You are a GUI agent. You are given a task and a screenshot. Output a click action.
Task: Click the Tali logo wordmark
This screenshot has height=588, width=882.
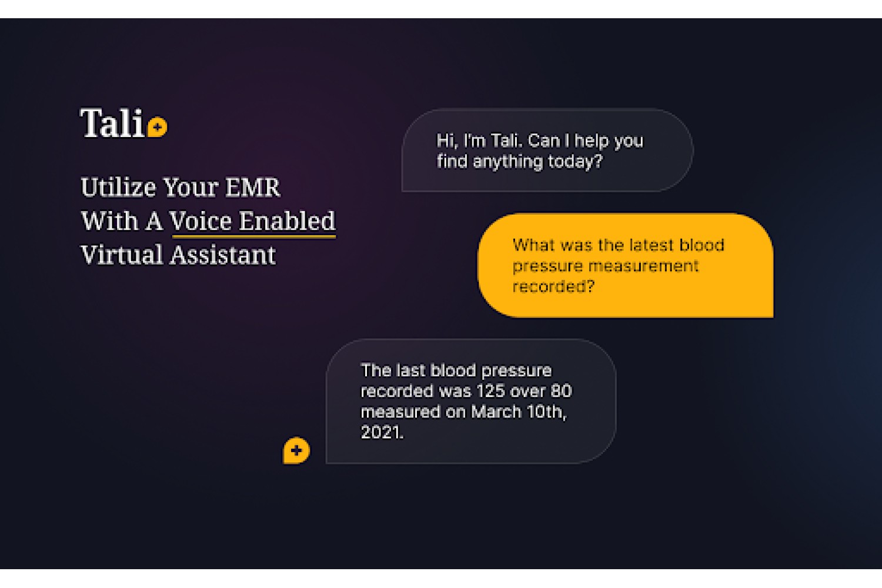coord(112,123)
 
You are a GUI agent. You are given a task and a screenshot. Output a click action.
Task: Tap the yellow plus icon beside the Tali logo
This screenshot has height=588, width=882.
coord(158,127)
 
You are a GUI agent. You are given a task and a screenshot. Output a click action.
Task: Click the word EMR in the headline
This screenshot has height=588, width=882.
coord(252,187)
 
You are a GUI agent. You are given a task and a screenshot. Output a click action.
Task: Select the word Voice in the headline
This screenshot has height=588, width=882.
coord(201,220)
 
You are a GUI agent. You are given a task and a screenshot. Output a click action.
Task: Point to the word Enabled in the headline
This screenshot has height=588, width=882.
coord(288,220)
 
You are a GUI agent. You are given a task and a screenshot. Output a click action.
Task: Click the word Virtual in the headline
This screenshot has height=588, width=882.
coord(122,255)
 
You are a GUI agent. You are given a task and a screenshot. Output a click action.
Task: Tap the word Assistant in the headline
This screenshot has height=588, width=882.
coord(223,255)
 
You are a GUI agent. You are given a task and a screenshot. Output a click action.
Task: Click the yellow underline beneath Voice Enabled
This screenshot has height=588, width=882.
coord(254,237)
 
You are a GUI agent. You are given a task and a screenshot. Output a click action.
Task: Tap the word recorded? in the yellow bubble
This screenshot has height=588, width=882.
coord(553,287)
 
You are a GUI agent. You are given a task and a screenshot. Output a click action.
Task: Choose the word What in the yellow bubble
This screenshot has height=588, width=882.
coord(533,245)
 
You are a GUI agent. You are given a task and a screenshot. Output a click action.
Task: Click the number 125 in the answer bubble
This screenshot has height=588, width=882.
coord(490,391)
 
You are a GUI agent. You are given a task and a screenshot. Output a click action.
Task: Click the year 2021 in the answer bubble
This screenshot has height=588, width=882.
coord(380,432)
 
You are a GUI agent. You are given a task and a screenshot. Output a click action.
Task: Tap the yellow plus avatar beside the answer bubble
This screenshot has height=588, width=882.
coord(296,450)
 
